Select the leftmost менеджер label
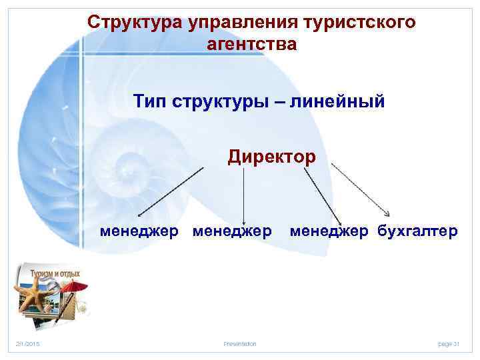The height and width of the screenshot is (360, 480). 139,231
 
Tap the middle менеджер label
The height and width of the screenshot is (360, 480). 231,231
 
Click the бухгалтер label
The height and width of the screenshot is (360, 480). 417,231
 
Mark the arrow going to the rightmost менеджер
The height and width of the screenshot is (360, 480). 323,193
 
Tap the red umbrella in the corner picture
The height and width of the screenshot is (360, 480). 77,287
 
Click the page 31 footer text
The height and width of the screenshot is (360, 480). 449,344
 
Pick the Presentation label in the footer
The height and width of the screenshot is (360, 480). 239,344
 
